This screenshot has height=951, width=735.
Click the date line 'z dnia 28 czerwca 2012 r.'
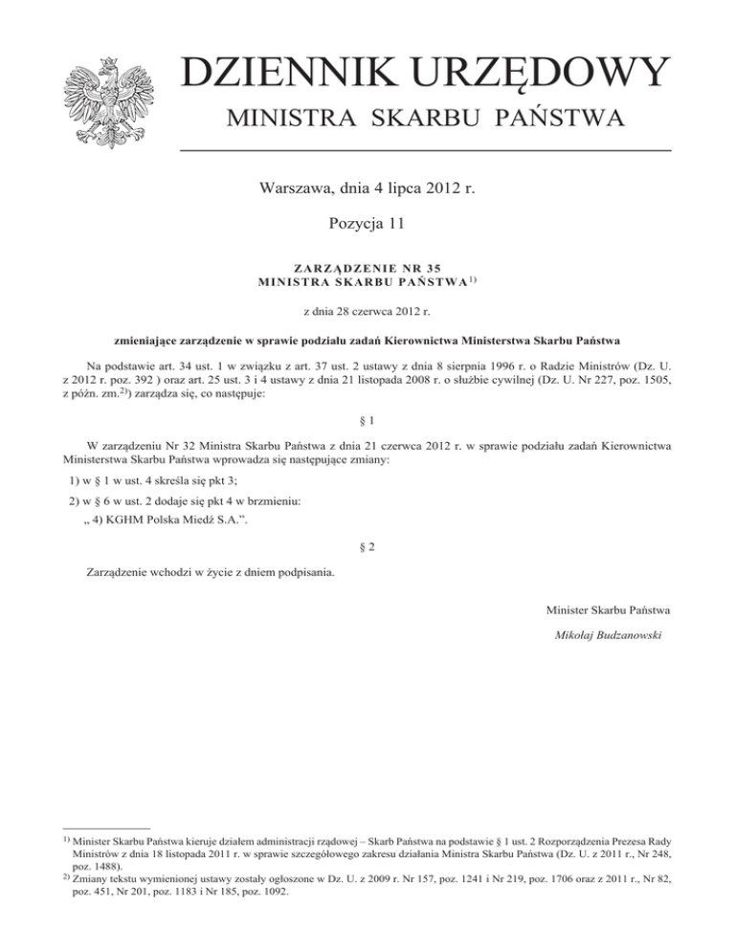[x=367, y=310]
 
